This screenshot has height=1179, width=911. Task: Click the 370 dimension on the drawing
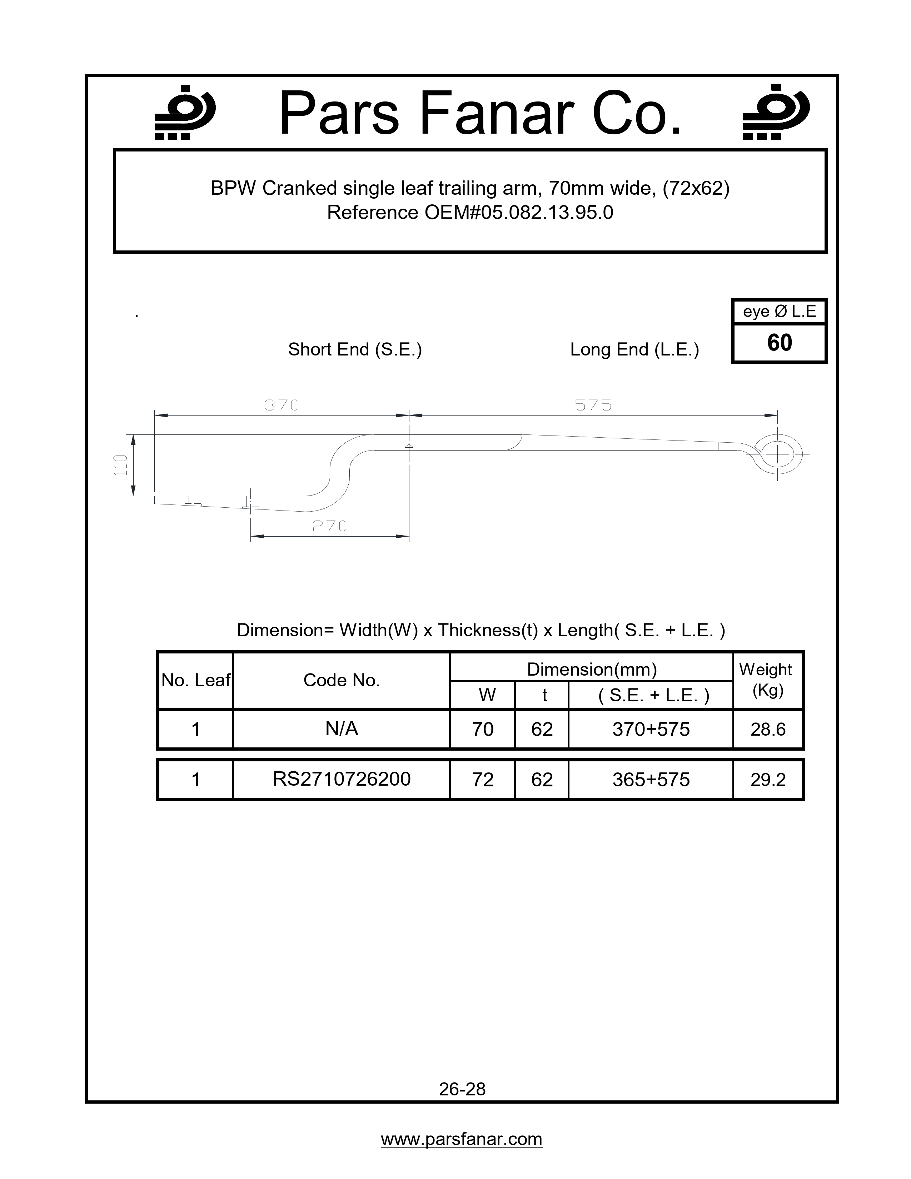(x=282, y=405)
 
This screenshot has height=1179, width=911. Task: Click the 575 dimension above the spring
(x=593, y=405)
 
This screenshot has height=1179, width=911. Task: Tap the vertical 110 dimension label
(x=120, y=465)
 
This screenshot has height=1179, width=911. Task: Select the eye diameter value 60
(x=779, y=343)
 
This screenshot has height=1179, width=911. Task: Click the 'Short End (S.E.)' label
(x=355, y=349)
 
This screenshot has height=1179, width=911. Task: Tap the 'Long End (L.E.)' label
(x=634, y=349)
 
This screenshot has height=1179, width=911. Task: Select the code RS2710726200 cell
(x=342, y=779)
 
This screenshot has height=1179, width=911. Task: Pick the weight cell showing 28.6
(x=767, y=729)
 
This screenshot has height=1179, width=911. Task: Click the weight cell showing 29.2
(x=767, y=780)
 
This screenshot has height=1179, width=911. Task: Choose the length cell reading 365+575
(x=651, y=780)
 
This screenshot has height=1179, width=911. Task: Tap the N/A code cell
(x=342, y=729)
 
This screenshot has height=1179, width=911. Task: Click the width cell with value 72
(x=483, y=780)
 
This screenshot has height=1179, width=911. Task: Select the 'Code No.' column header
(x=342, y=680)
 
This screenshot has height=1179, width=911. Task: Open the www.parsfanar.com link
(x=462, y=1139)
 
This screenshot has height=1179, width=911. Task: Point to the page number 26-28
(x=462, y=1089)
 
